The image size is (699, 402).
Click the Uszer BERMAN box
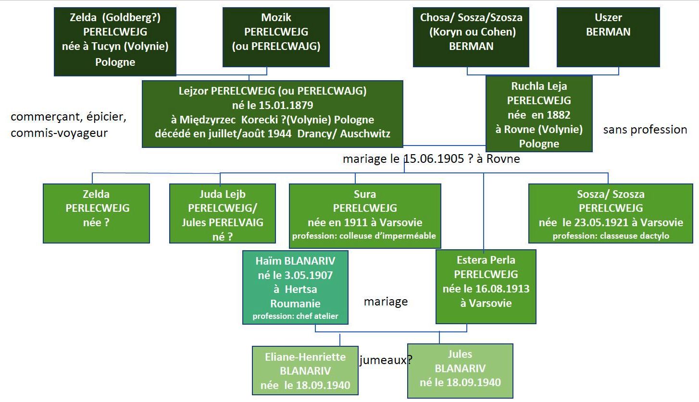point(608,37)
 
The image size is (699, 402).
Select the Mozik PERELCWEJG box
point(276,37)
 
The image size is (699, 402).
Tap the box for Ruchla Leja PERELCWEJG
point(539,114)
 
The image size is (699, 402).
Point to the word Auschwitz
point(365,134)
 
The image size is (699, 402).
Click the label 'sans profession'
point(645,129)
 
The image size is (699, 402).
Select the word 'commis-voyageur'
point(59,133)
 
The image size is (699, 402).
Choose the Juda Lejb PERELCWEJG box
point(223,213)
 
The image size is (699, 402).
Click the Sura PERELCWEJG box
point(365,216)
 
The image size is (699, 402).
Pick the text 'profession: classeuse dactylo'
point(611,236)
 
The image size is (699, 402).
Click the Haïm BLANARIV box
point(295,287)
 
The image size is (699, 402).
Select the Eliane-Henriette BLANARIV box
point(305,370)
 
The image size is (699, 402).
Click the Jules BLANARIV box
point(460,371)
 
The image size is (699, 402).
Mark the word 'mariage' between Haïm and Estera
point(386,302)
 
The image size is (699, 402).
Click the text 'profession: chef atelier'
point(295,316)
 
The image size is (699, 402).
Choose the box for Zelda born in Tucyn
point(115,42)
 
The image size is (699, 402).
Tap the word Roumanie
point(295,304)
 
